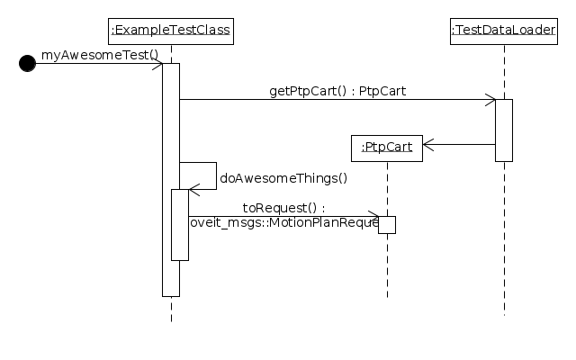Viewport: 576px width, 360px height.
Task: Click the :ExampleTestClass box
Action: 171,31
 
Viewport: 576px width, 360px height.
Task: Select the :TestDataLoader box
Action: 504,31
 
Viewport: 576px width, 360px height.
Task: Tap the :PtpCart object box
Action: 387,147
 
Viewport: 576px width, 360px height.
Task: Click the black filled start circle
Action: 27,63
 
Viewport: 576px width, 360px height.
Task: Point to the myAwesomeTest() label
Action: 100,55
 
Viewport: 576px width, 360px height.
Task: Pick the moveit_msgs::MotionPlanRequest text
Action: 283,222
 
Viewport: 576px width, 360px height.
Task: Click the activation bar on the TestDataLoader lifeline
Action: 504,130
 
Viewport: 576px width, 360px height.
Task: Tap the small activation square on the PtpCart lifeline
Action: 387,224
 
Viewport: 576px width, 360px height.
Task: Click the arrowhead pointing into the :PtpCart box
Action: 428,144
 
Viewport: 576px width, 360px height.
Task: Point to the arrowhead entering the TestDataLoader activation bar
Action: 490,99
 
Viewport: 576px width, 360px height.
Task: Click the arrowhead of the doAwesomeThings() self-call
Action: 193,189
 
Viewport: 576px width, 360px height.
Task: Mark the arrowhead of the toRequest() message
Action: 373,216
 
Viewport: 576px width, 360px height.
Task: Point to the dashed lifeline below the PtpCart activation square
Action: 387,265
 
